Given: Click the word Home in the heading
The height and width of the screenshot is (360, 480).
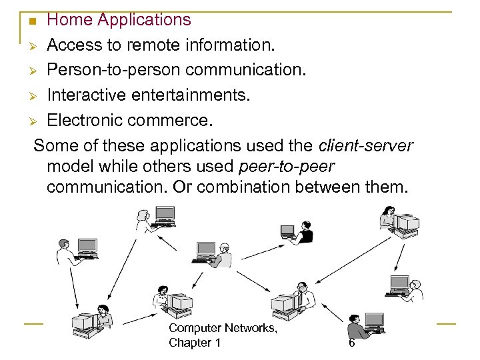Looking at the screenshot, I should pos(69,20).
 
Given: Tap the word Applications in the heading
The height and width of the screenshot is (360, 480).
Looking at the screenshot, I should pos(144,20).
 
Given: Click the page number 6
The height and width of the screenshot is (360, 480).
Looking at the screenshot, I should pos(351,343).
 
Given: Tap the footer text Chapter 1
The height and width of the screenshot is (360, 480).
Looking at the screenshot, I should pos(195,343).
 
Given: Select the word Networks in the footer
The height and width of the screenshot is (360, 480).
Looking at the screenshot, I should pos(247,328).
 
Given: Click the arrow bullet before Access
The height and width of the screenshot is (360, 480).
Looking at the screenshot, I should pos(36,47).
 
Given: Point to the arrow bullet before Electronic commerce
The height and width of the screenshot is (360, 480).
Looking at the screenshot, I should pos(36,122).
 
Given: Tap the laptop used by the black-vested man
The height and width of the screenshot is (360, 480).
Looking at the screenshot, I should pos(287,231).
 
